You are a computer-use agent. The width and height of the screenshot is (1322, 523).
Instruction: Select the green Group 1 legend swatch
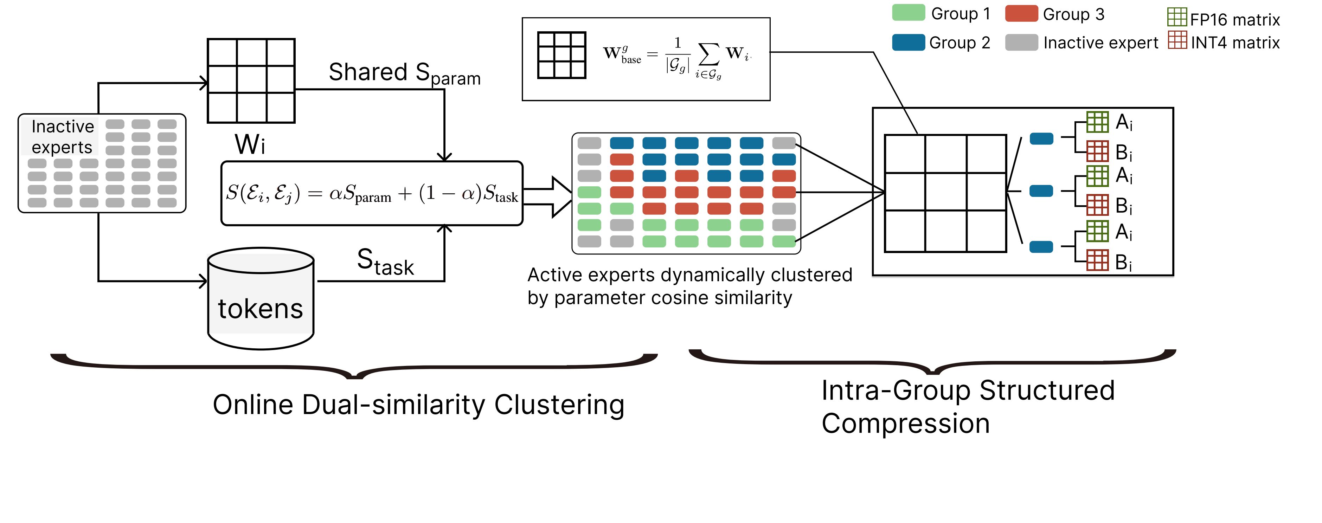click(909, 13)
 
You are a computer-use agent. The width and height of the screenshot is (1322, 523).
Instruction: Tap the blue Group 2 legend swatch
click(909, 42)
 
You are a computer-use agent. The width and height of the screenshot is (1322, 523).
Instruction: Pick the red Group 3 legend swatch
click(1021, 13)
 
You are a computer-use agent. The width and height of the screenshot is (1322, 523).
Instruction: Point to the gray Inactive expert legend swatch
click(1021, 42)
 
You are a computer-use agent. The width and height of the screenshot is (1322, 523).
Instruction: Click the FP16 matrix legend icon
click(1177, 17)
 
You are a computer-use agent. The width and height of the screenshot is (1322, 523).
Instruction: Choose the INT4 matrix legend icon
click(1177, 40)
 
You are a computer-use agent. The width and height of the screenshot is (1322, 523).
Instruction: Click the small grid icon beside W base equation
click(561, 56)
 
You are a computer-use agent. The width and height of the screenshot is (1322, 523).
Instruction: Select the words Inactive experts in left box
click(62, 136)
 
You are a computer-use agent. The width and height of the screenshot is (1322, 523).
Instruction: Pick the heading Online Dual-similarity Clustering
click(418, 405)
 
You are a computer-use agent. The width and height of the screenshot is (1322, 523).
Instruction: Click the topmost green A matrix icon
click(1098, 122)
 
